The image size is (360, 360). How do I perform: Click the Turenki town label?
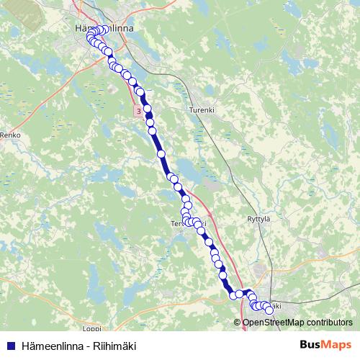pyautogui.click(x=202, y=109)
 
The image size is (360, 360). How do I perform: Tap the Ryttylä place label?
pyautogui.click(x=261, y=218)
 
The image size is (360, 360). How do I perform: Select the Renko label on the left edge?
pyautogui.click(x=12, y=135)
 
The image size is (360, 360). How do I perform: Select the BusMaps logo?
pyautogui.click(x=325, y=345)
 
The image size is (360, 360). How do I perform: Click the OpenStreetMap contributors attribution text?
pyautogui.click(x=297, y=322)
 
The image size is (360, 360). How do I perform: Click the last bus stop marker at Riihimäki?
pyautogui.click(x=269, y=310)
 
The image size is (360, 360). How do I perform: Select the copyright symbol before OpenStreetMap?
pyautogui.click(x=238, y=322)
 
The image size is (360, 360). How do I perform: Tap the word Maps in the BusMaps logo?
pyautogui.click(x=336, y=345)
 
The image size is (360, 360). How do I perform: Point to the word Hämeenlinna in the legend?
pyautogui.click(x=47, y=346)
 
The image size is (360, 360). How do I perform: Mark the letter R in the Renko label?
pyautogui.click(x=4, y=135)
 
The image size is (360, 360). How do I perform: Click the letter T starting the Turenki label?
pyautogui.click(x=190, y=109)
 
